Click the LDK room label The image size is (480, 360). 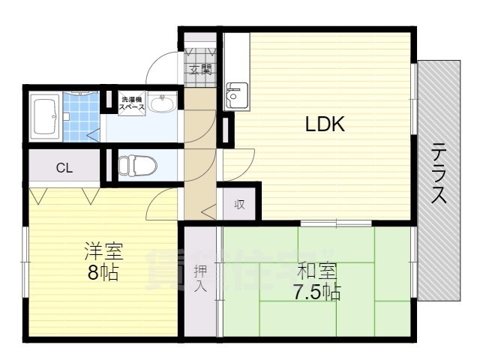point(324,125)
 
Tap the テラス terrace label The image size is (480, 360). point(439,173)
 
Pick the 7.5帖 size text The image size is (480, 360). point(316,291)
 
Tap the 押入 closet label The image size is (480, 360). point(200,278)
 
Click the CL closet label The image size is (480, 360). point(64,168)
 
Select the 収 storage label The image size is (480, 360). point(239,205)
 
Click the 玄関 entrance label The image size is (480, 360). point(200,70)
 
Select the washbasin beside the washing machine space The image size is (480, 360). point(161,104)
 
